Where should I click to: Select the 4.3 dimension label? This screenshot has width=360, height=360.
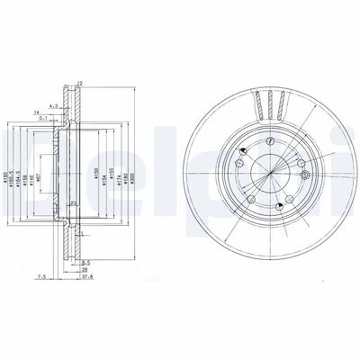[53, 106]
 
